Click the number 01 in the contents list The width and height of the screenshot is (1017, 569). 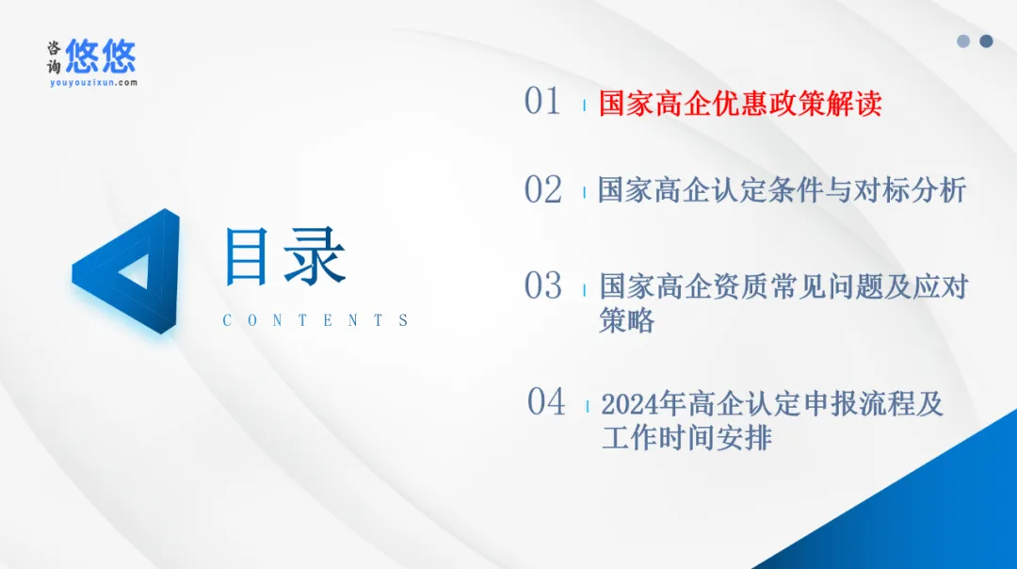click(542, 101)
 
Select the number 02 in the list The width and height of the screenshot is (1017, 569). click(543, 189)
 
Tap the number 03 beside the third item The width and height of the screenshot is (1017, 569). click(543, 285)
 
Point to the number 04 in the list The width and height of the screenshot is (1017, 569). click(546, 401)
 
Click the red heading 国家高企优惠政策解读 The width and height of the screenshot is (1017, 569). click(740, 104)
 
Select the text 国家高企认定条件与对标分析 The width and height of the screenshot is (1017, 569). click(783, 190)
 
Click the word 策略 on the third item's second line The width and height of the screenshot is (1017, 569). click(626, 320)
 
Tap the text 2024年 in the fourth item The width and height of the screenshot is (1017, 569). click(643, 404)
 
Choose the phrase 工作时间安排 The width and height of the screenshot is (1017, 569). click(686, 437)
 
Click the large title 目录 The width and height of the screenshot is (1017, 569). click(284, 256)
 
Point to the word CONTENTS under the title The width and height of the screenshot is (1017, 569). click(315, 320)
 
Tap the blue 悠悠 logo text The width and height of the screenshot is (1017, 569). click(101, 56)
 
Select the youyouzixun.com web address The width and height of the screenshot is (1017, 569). click(93, 82)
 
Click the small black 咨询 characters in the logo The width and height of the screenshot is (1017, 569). click(54, 57)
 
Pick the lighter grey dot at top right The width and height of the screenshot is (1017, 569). click(963, 41)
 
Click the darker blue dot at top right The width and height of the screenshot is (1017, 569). click(986, 41)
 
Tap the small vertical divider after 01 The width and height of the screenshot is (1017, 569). click(585, 105)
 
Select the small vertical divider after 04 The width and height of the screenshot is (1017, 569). click(587, 406)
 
